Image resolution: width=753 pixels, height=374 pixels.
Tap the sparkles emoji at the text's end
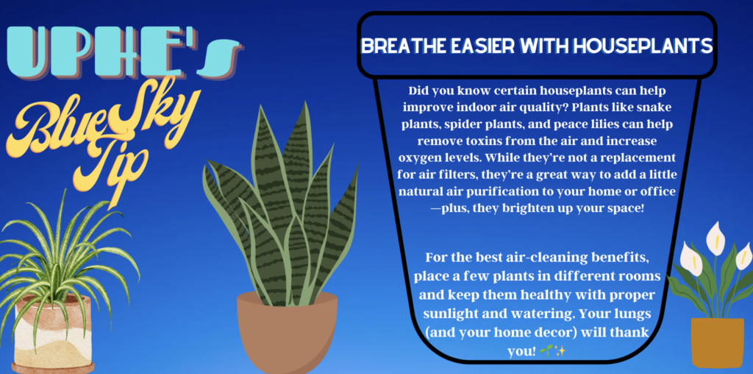pos(560,351)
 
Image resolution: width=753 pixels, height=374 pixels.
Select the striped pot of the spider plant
pos(53,334)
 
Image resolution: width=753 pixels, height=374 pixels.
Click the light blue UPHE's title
pos(123,53)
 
